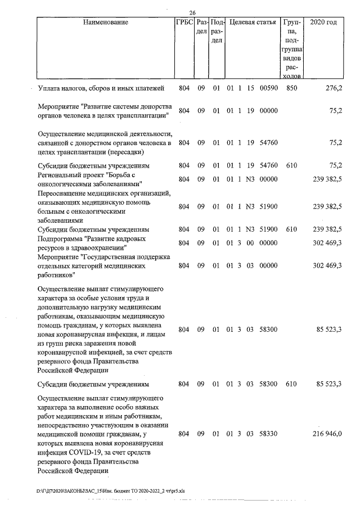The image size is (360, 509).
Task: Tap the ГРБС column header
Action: [x=184, y=22]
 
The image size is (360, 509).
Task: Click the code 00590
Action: [x=269, y=88]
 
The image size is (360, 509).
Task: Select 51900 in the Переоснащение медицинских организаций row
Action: [x=269, y=206]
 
